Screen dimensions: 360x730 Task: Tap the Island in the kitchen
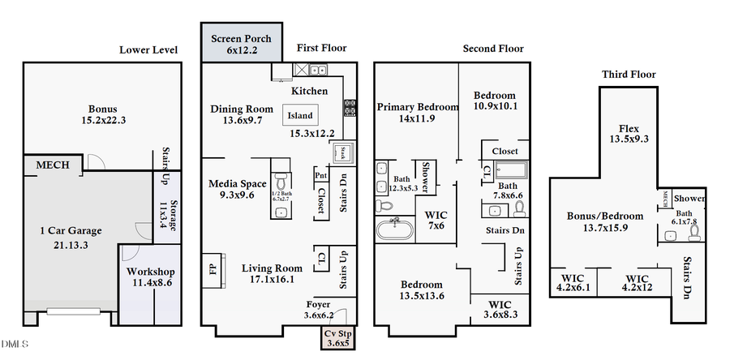coord(299,116)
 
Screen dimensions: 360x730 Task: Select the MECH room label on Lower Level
coord(53,165)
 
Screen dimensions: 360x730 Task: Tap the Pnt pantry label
coord(320,175)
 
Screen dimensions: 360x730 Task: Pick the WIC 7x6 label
coord(436,220)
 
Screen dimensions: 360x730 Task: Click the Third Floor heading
coord(629,75)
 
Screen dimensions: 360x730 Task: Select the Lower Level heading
coord(148,49)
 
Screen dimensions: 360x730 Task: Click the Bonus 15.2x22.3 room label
coord(103,114)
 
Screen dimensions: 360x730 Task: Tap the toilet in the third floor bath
coord(693,234)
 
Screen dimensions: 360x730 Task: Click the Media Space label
coord(237,189)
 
